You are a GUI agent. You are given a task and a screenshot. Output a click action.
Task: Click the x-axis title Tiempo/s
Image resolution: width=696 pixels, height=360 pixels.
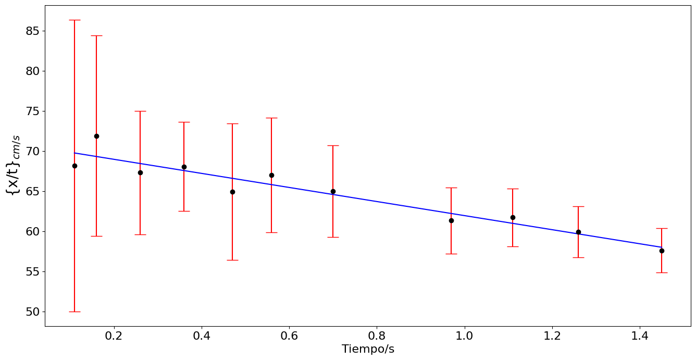[368, 349]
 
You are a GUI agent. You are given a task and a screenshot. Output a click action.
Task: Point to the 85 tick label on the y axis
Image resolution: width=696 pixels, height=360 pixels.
[32, 31]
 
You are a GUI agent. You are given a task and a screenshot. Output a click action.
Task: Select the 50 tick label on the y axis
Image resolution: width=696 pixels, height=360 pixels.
[32, 312]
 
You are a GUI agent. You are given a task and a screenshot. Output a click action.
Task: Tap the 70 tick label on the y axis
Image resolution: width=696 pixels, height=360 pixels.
[32, 151]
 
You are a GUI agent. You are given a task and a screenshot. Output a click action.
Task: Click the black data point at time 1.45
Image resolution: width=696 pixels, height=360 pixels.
[662, 251]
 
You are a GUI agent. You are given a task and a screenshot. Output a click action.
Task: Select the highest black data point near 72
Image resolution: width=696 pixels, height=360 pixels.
[96, 136]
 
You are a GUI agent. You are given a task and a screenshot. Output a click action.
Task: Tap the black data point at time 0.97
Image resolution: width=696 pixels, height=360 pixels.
[451, 220]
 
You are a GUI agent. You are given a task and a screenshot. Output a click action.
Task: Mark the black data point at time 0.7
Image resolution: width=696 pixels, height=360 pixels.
[333, 191]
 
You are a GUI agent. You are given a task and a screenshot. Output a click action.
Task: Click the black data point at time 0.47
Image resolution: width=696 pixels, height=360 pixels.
[232, 192]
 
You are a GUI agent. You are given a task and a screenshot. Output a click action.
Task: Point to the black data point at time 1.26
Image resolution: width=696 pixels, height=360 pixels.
[578, 232]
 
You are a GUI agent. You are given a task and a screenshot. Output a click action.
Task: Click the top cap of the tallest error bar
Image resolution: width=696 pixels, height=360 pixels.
[74, 20]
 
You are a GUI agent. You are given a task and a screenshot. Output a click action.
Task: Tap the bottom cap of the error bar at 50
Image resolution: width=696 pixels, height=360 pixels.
[74, 312]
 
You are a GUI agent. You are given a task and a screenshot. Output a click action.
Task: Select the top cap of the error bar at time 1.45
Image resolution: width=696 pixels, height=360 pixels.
[662, 228]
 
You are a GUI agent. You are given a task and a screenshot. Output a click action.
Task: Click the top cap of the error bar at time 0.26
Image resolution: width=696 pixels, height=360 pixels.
[140, 111]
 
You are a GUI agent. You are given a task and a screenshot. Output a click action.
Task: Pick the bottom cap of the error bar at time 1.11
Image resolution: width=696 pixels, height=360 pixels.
[513, 246]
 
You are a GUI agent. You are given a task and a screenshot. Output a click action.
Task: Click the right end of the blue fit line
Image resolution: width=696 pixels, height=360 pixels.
[662, 247]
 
